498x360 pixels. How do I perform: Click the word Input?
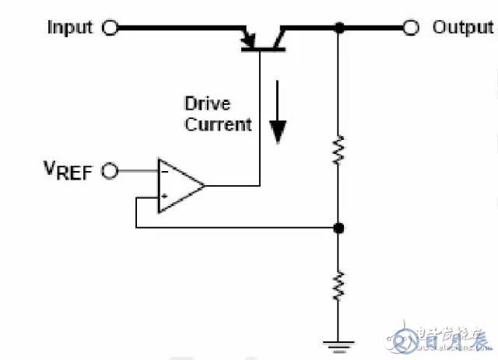pyautogui.click(x=70, y=28)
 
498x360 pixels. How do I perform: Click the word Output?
pyautogui.click(x=463, y=28)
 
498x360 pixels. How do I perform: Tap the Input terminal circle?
pyautogui.click(x=110, y=29)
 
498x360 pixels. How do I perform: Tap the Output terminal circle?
pyautogui.click(x=412, y=29)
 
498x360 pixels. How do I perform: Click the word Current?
pyautogui.click(x=218, y=124)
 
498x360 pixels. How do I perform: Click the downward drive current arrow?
pyautogui.click(x=276, y=124)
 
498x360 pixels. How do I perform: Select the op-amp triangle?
pyautogui.click(x=177, y=186)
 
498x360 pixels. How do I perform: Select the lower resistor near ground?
pyautogui.click(x=338, y=285)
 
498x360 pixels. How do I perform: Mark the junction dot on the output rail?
pyautogui.click(x=338, y=29)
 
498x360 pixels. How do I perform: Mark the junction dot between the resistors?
pyautogui.click(x=338, y=228)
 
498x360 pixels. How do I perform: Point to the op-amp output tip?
pyautogui.click(x=204, y=186)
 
